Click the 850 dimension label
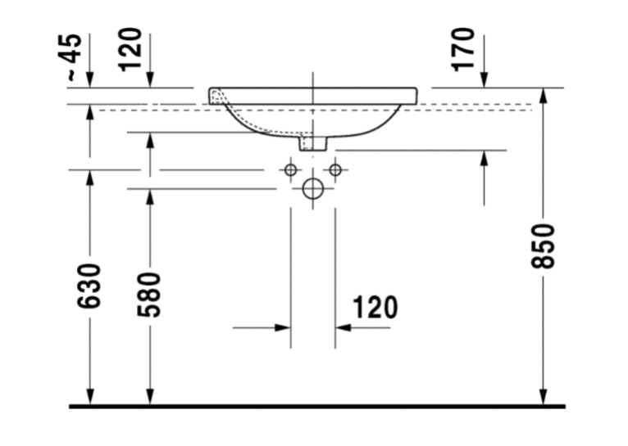[543, 246]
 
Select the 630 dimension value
[89, 286]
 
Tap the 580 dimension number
[149, 295]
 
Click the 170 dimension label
[463, 50]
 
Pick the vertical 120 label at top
[130, 50]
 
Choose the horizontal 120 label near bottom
[375, 308]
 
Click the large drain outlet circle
[313, 189]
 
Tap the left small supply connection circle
[291, 170]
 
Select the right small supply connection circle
[335, 170]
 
